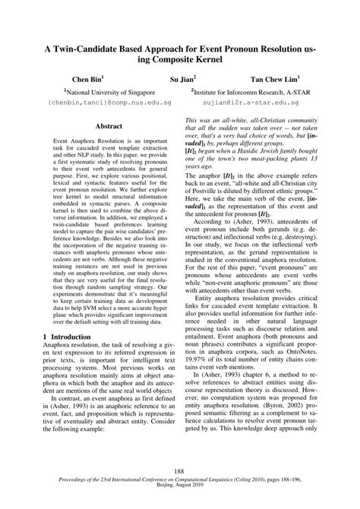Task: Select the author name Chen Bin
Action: [x=88, y=77]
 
